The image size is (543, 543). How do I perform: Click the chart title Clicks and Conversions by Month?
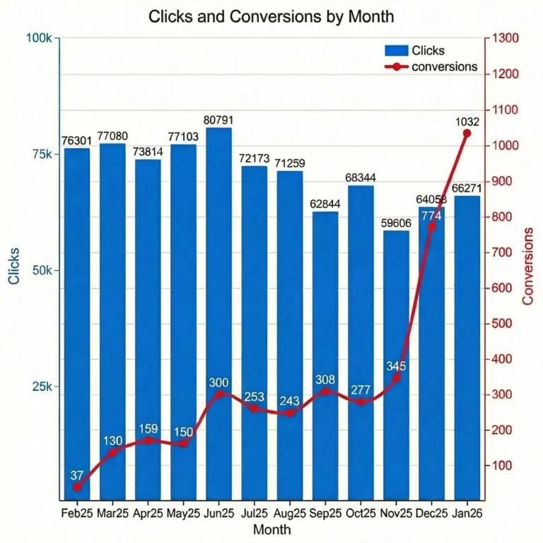(271, 16)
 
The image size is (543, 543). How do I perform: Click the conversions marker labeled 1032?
(467, 133)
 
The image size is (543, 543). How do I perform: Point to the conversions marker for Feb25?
(77, 487)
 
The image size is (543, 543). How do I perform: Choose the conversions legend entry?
(431, 67)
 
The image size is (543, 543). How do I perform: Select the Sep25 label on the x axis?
(325, 514)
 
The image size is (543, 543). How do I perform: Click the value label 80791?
(218, 121)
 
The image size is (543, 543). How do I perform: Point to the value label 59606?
(396, 223)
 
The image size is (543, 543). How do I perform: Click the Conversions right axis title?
(527, 267)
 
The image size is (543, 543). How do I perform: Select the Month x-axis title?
(271, 529)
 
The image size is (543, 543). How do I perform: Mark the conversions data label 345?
(396, 366)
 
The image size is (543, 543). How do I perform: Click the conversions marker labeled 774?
(431, 226)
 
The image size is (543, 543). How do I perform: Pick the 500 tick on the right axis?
(503, 323)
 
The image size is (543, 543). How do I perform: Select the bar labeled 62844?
(325, 354)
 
